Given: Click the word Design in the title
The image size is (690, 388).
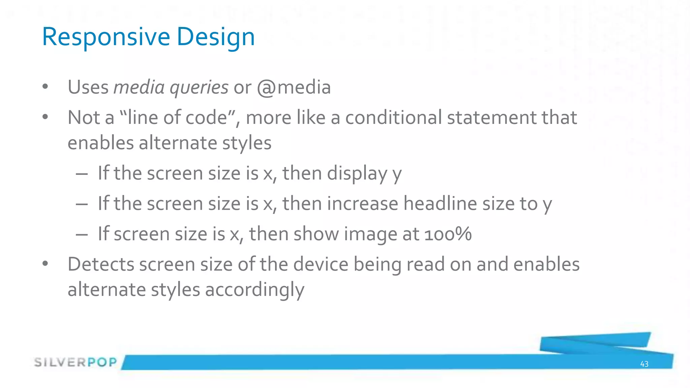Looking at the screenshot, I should click(216, 37).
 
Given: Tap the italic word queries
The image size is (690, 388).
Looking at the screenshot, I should click(199, 88).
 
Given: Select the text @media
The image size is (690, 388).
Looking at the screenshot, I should click(294, 88).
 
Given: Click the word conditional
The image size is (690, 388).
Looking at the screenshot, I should click(393, 118).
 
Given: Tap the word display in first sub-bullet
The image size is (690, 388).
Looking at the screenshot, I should click(357, 173).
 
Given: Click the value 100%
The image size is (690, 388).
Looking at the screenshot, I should click(448, 234).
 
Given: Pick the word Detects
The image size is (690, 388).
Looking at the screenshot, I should click(101, 264).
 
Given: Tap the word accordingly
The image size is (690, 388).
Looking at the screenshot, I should click(254, 290).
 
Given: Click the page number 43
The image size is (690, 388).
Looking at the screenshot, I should click(644, 364).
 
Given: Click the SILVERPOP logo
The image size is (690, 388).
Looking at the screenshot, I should click(75, 362).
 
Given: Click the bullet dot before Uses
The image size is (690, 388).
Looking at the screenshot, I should click(45, 87).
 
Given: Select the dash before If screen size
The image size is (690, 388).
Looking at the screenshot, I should click(82, 234).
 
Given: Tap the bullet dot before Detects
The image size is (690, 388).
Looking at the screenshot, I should click(45, 264).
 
